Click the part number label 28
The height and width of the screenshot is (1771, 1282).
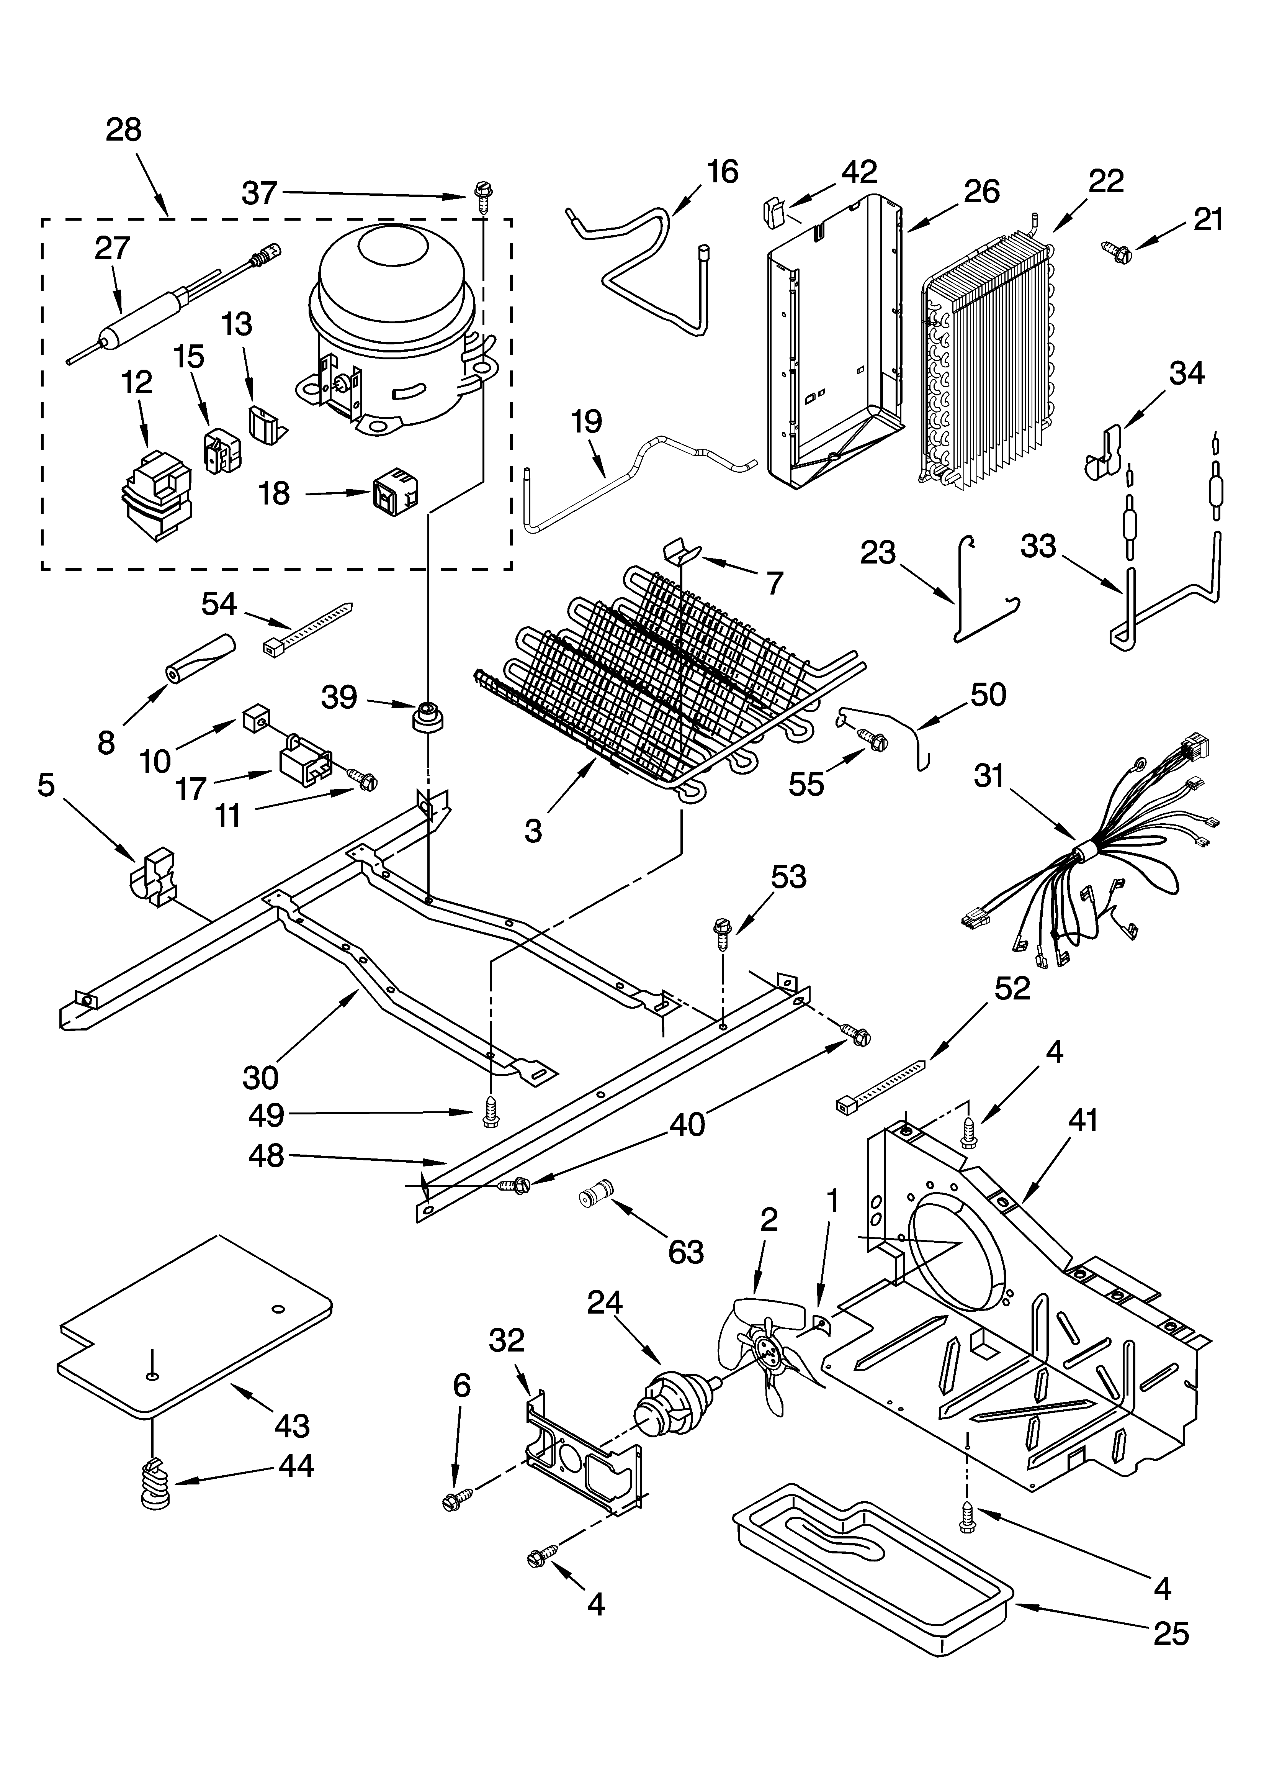click(x=123, y=129)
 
